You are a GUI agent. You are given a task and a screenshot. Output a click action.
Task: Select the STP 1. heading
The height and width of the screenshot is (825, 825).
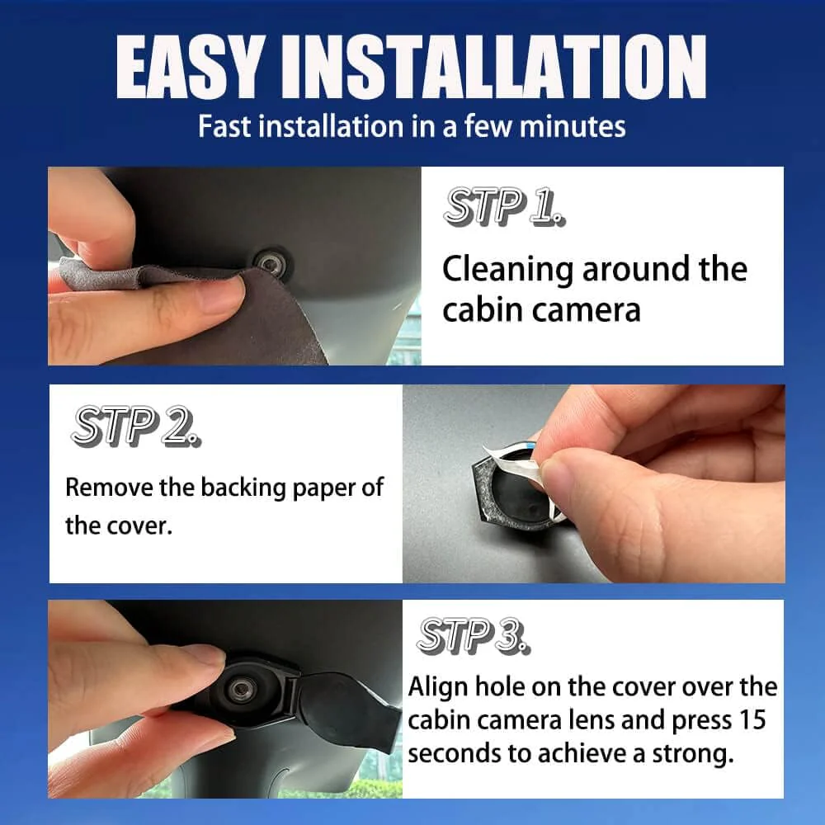tap(504, 206)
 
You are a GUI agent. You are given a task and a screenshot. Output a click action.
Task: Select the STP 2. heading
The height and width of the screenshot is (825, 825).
tap(136, 427)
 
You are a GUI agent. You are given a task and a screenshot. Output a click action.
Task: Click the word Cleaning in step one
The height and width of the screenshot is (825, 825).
tap(507, 271)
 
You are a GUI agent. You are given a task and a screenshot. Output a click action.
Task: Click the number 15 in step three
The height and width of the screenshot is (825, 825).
tap(752, 719)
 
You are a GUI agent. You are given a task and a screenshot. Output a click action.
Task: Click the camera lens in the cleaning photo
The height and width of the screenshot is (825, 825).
tap(271, 262)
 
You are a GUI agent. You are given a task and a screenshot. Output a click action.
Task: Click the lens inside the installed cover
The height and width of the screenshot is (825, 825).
tap(242, 689)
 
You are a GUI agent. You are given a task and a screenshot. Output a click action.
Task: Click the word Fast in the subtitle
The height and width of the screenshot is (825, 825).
tap(224, 127)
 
